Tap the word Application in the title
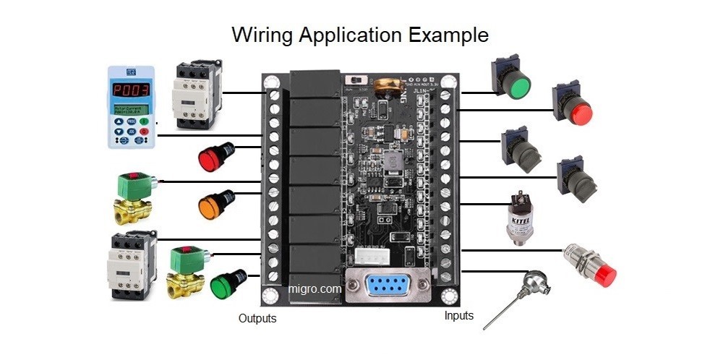click(x=348, y=35)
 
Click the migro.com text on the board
click(x=315, y=288)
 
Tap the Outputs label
click(x=257, y=318)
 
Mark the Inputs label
click(x=459, y=315)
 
